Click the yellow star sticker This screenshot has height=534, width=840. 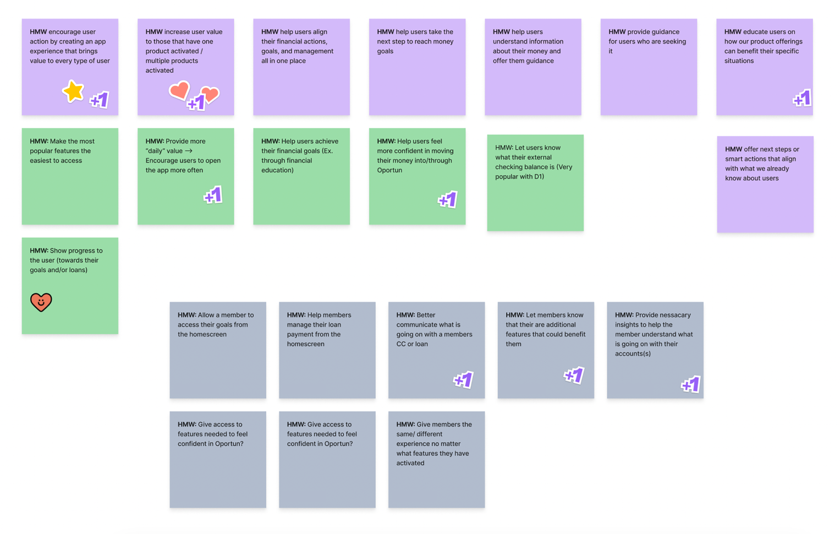click(73, 91)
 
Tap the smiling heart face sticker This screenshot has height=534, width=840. click(41, 302)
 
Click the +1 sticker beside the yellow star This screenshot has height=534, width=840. click(100, 100)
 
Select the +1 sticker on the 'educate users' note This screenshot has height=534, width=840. click(802, 99)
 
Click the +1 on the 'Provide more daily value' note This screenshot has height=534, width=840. click(213, 195)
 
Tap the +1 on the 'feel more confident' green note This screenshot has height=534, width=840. click(447, 200)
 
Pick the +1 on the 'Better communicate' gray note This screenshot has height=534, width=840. click(463, 380)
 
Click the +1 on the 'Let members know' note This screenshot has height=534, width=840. click(574, 375)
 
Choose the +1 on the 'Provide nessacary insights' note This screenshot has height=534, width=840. click(691, 384)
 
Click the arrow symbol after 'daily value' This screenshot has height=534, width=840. click(189, 151)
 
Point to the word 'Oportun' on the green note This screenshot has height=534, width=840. click(389, 170)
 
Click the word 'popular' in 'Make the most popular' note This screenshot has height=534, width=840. click(42, 151)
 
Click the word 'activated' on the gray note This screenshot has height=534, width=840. click(410, 463)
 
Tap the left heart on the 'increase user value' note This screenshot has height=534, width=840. click(179, 90)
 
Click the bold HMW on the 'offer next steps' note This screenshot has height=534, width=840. click(733, 149)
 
